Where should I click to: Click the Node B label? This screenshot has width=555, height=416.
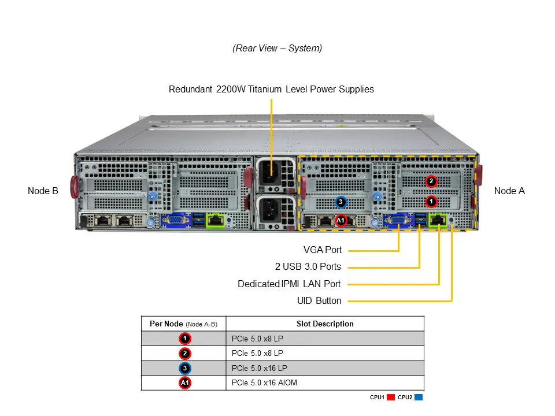tap(43, 191)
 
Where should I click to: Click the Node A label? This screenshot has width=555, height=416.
tap(509, 191)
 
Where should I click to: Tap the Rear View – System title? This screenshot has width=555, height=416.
tap(277, 49)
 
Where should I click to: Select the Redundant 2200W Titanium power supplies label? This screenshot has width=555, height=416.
tap(271, 90)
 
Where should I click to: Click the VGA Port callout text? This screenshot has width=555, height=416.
tap(322, 250)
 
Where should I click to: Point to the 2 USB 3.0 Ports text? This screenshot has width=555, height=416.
tap(308, 267)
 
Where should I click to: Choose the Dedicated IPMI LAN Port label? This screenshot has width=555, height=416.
tap(289, 284)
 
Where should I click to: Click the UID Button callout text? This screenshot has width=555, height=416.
tap(319, 300)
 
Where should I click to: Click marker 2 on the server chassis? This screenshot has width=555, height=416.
tap(431, 181)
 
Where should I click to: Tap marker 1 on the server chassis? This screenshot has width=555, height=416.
tap(431, 201)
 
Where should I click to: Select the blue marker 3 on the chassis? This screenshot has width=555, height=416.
tap(341, 202)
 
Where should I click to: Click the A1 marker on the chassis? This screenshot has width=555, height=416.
tap(341, 220)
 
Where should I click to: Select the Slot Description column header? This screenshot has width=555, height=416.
tap(324, 324)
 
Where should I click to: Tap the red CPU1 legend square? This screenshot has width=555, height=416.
tap(390, 398)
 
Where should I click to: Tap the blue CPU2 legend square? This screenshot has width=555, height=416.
tap(419, 398)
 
